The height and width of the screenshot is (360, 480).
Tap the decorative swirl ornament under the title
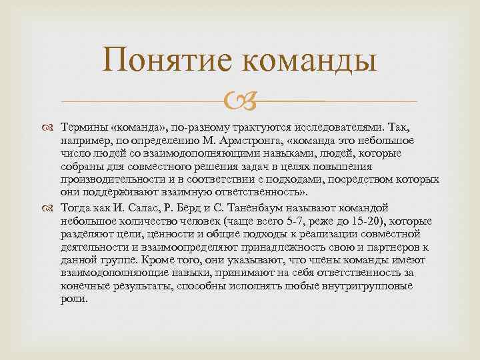click(x=240, y=102)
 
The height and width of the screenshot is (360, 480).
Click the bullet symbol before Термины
click(x=52, y=127)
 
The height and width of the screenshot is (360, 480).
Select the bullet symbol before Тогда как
click(x=52, y=207)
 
